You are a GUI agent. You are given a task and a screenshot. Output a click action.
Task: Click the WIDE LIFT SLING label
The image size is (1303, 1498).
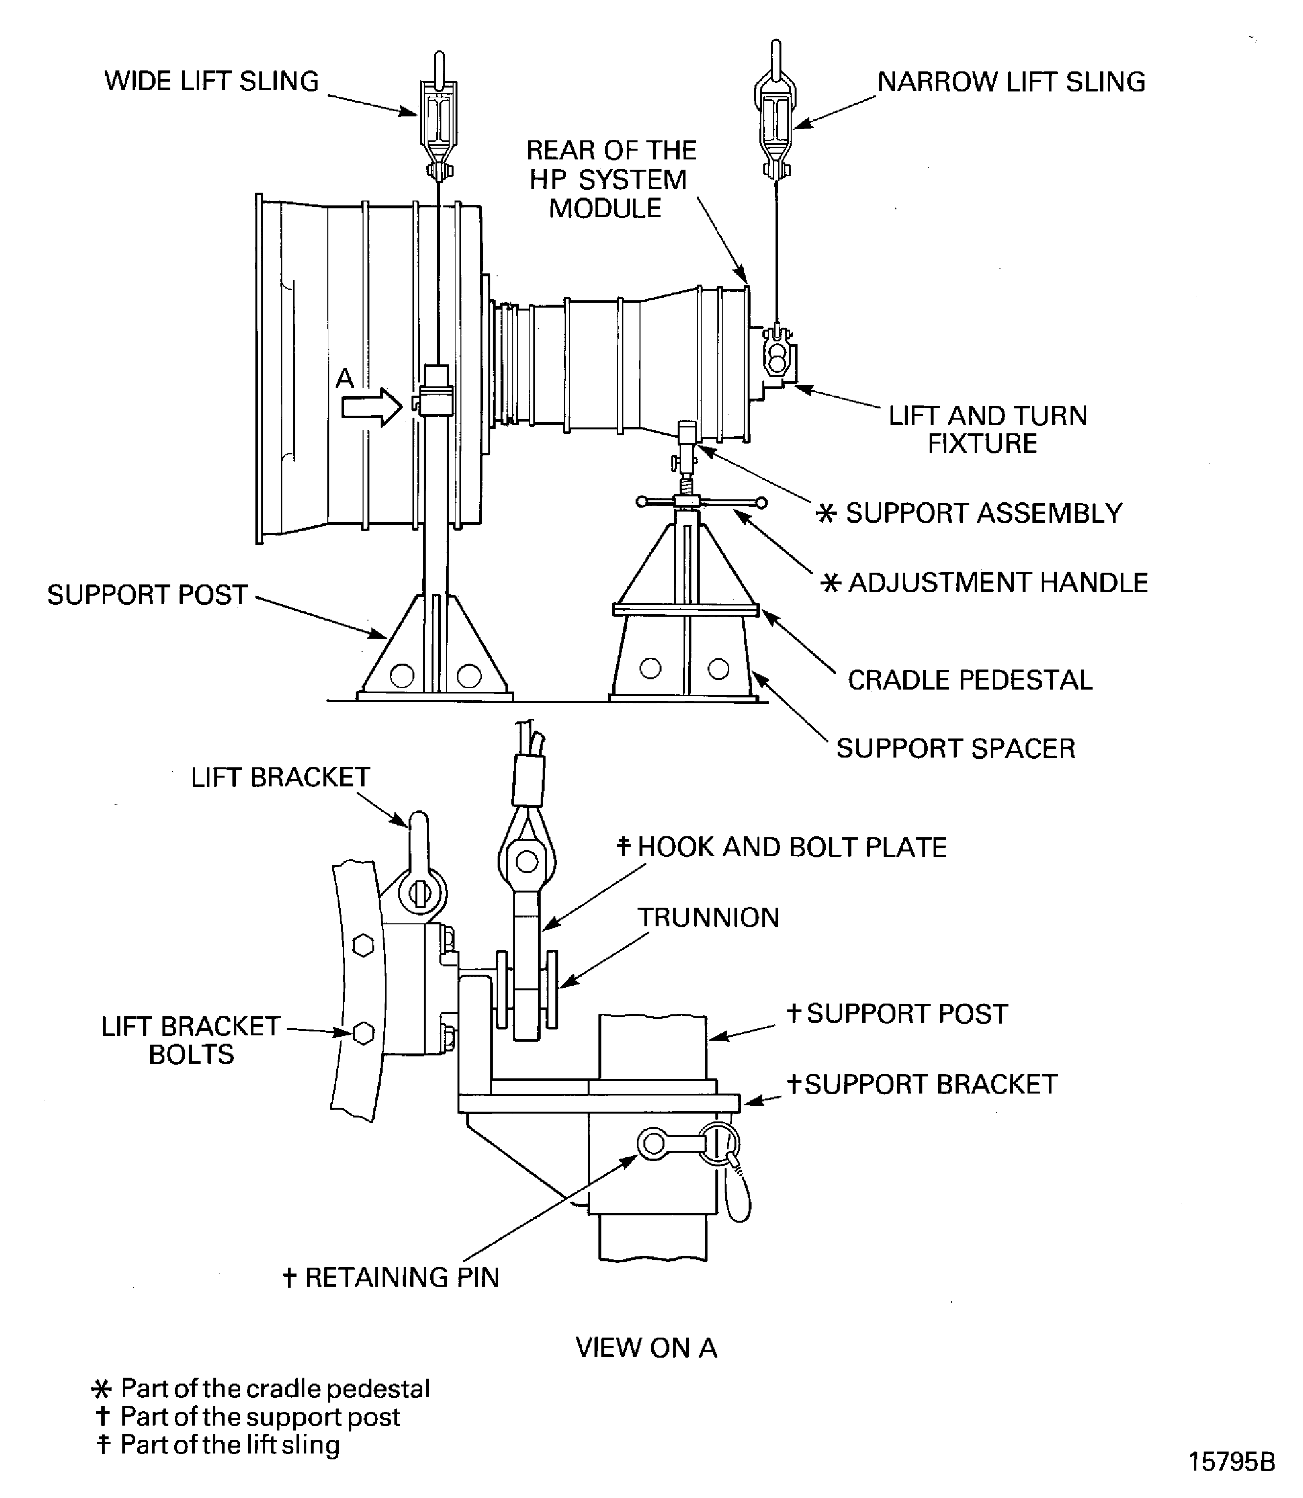(211, 81)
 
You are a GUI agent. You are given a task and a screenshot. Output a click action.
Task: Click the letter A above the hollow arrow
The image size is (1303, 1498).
(344, 378)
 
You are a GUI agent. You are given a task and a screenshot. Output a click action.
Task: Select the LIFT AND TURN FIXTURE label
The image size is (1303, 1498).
(987, 429)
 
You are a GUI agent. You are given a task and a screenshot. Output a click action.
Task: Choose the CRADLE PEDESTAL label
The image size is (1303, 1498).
(969, 680)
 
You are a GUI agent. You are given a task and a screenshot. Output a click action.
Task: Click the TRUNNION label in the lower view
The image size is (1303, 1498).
(708, 917)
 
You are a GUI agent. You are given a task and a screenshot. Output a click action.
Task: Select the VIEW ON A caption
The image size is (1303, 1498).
(646, 1347)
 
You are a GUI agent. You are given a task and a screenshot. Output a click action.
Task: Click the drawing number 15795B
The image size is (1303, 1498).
(1231, 1461)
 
